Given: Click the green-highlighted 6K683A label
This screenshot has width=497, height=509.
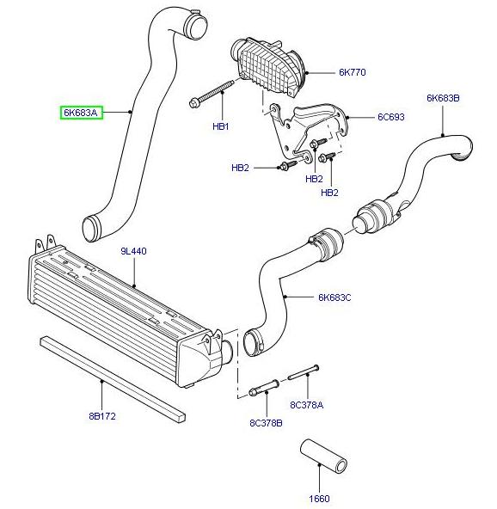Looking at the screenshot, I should (81, 112).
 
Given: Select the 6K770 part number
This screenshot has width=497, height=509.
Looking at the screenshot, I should (351, 73).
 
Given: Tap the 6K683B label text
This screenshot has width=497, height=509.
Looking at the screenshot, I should (443, 99).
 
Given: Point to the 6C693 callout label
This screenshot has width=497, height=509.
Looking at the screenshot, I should (390, 116).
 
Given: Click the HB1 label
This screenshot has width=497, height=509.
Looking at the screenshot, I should (221, 126).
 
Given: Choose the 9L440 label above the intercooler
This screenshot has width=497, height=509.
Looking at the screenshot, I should (134, 251).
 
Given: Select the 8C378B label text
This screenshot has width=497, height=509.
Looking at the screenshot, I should (266, 422).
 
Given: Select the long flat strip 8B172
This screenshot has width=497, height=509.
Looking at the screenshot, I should (112, 376).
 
